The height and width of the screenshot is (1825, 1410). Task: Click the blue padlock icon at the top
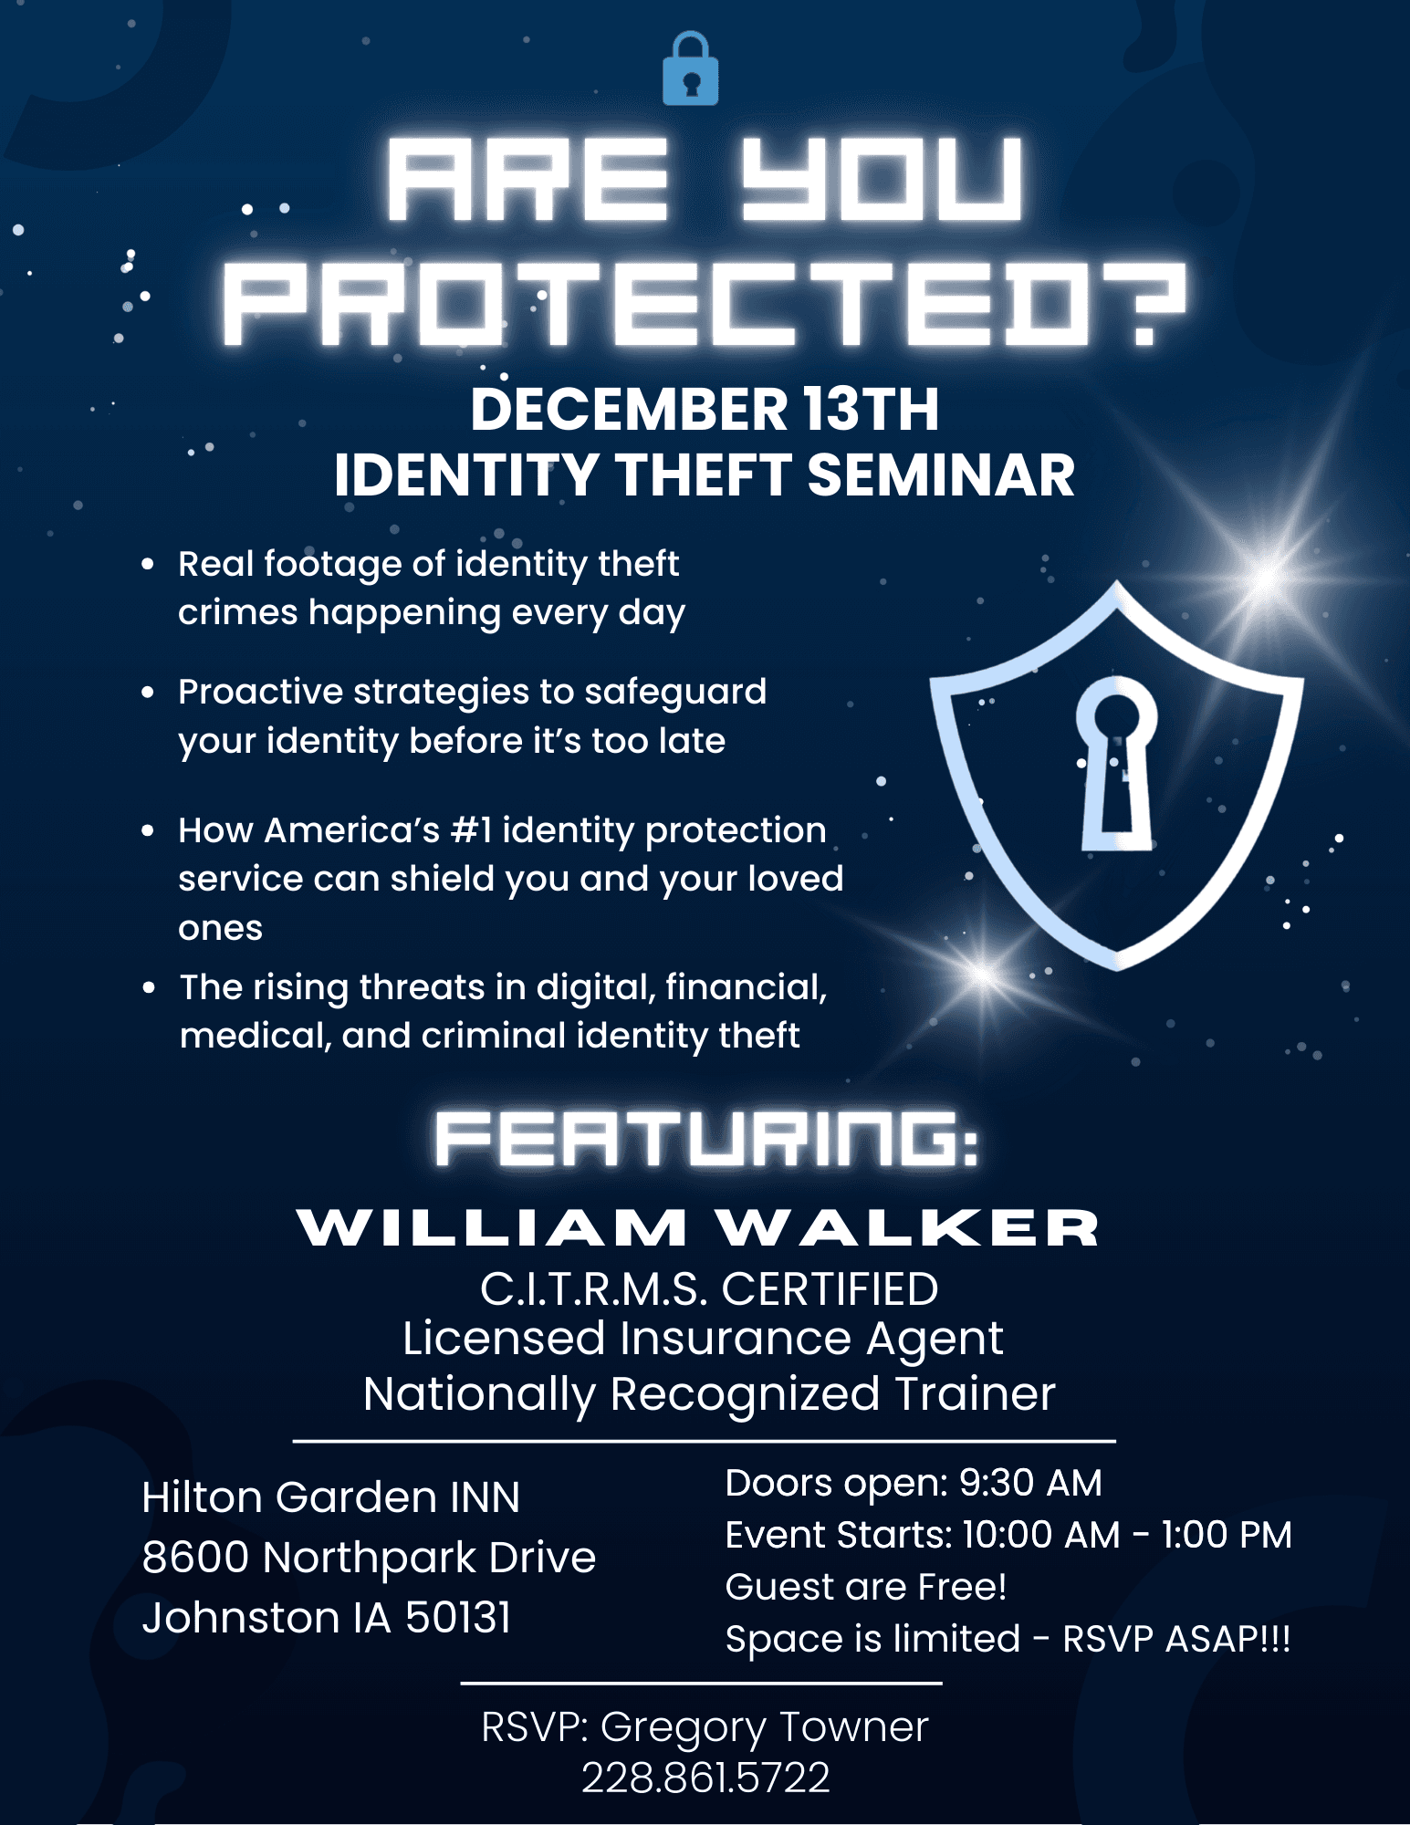click(690, 68)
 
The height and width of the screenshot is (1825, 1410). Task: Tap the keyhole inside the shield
click(1116, 763)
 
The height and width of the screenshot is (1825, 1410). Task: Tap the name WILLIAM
click(492, 1227)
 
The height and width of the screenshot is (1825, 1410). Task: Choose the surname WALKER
click(908, 1227)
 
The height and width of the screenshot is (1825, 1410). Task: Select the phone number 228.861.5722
click(705, 1778)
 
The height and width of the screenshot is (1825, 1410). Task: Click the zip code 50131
click(458, 1618)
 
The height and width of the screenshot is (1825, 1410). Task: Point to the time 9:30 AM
click(1030, 1484)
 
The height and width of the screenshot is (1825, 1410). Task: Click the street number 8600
click(195, 1558)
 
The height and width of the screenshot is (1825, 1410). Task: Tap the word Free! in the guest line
click(962, 1587)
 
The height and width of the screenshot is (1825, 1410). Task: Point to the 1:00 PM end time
click(1227, 1535)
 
